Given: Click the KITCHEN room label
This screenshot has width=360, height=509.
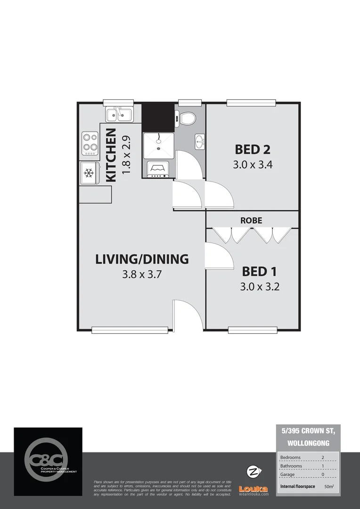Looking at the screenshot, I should coord(111,155).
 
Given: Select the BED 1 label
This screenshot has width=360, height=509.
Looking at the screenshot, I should coord(259,271).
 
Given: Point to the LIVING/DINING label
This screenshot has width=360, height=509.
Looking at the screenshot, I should coord(142,259).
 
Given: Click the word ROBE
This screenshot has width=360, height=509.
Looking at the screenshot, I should coord(251,220).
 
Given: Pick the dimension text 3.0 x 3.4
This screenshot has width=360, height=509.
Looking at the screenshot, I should coord(253,165).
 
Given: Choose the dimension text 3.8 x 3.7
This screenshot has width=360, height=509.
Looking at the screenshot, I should coord(142,275).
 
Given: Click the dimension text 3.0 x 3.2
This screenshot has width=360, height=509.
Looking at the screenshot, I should coord(260,287).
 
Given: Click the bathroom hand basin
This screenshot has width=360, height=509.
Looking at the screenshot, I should coord(200,140).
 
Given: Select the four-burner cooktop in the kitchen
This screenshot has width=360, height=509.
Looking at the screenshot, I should coord(90,143).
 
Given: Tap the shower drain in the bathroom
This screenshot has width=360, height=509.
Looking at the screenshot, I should coord(159,148).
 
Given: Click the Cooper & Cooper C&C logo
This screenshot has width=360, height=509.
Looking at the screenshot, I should coord(48,460).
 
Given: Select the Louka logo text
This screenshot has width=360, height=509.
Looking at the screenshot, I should coord(254,489).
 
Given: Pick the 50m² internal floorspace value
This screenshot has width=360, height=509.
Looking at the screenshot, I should coord(328,486).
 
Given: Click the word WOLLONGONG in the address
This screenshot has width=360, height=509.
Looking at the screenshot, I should coord(308,443).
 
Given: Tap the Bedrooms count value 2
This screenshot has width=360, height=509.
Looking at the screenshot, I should coord(323,457).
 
